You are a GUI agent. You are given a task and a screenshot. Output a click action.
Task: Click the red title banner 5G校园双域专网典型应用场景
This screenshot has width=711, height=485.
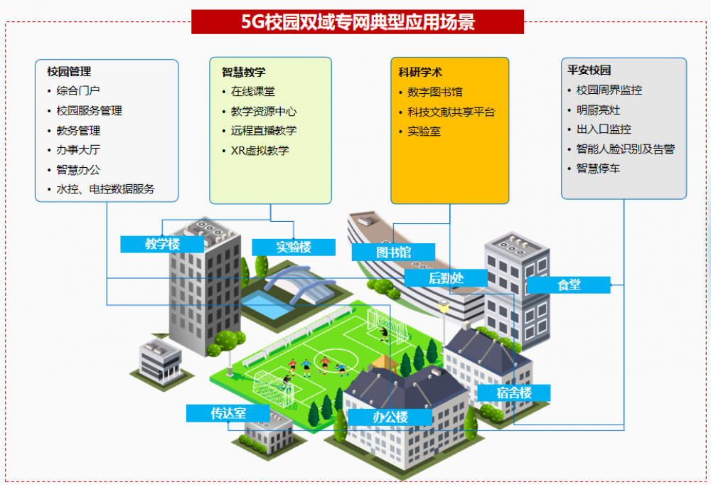click(358, 22)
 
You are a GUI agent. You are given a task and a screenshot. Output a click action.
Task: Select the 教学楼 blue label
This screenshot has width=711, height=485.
click(162, 244)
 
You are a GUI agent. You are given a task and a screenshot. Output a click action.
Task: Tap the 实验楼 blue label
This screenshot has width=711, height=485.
click(294, 247)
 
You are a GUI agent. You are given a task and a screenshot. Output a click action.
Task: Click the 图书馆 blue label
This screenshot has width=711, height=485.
click(394, 252)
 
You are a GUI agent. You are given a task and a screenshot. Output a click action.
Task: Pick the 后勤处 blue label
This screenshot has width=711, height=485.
click(446, 277)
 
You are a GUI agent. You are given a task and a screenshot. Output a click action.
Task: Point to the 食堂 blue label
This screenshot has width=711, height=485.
click(569, 285)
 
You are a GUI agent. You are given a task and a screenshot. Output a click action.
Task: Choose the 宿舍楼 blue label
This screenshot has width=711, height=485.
click(514, 393)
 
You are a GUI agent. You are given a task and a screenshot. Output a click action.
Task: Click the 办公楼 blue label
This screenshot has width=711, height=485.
click(390, 417)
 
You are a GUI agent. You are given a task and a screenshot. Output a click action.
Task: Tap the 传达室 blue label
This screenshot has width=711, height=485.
click(228, 413)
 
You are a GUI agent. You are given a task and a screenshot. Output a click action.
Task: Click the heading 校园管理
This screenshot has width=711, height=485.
click(69, 72)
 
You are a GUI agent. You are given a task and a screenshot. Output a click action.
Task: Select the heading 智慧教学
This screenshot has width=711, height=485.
click(243, 72)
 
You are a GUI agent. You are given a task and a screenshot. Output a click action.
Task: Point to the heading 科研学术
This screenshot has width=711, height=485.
click(420, 72)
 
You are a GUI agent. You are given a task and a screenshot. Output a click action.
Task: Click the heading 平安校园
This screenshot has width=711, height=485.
click(589, 70)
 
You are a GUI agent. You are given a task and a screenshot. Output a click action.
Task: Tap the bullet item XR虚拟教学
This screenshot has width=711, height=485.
click(260, 151)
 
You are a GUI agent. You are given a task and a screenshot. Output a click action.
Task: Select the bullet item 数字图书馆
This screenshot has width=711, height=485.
click(435, 92)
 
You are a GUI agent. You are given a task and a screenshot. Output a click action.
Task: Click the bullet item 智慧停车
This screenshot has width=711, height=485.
click(598, 169)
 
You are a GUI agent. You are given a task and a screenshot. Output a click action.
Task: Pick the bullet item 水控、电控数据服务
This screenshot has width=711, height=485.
click(105, 189)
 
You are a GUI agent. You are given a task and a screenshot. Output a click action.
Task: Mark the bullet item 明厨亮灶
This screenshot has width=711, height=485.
click(598, 110)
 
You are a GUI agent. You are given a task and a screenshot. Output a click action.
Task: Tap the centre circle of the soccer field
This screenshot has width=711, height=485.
click(336, 361)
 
